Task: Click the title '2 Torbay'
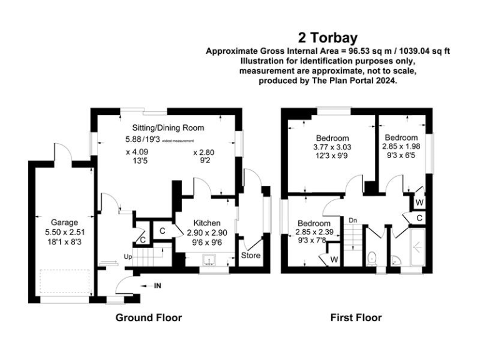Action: pyautogui.click(x=328, y=38)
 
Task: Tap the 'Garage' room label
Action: pyautogui.click(x=64, y=222)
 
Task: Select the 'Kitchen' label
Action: pyautogui.click(x=207, y=223)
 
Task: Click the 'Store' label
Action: pyautogui.click(x=251, y=255)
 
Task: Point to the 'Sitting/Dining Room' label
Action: pyautogui.click(x=168, y=127)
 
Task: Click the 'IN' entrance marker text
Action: pyautogui.click(x=157, y=286)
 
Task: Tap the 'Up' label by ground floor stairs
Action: pyautogui.click(x=127, y=256)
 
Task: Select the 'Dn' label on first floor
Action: pyautogui.click(x=353, y=221)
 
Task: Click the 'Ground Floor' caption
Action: pyautogui.click(x=149, y=317)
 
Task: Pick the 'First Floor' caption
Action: pyautogui.click(x=356, y=317)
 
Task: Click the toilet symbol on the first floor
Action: pyautogui.click(x=372, y=257)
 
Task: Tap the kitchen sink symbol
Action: pyautogui.click(x=209, y=260)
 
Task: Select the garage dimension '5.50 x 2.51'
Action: pyautogui.click(x=64, y=232)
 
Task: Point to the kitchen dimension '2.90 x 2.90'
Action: pyautogui.click(x=207, y=233)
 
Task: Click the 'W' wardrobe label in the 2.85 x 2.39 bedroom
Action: pyautogui.click(x=334, y=259)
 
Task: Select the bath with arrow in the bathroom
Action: pyautogui.click(x=417, y=247)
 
